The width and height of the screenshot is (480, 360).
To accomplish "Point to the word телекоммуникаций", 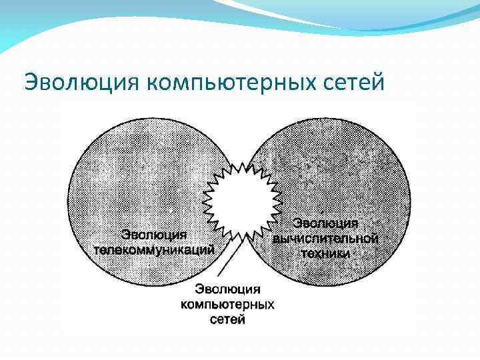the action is [153, 250].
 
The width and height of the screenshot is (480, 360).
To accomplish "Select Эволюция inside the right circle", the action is [327, 223].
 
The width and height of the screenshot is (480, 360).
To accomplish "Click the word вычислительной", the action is [326, 238].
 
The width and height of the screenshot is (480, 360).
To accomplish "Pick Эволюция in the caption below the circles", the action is [228, 289].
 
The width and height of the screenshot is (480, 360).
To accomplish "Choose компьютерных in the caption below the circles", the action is [228, 305].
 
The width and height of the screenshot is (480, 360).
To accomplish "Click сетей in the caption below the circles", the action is [228, 320].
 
